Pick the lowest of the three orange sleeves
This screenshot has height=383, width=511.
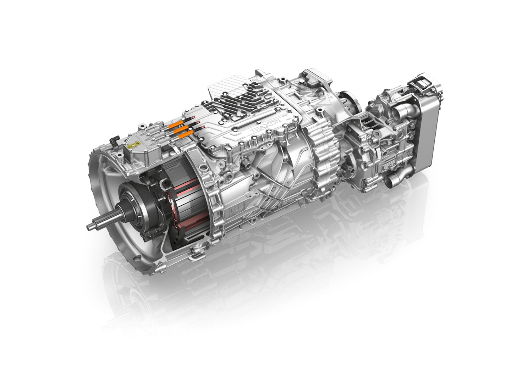point(187,134)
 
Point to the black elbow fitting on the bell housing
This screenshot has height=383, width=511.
point(114,141)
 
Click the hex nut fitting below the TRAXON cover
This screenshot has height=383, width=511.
point(244,163)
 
